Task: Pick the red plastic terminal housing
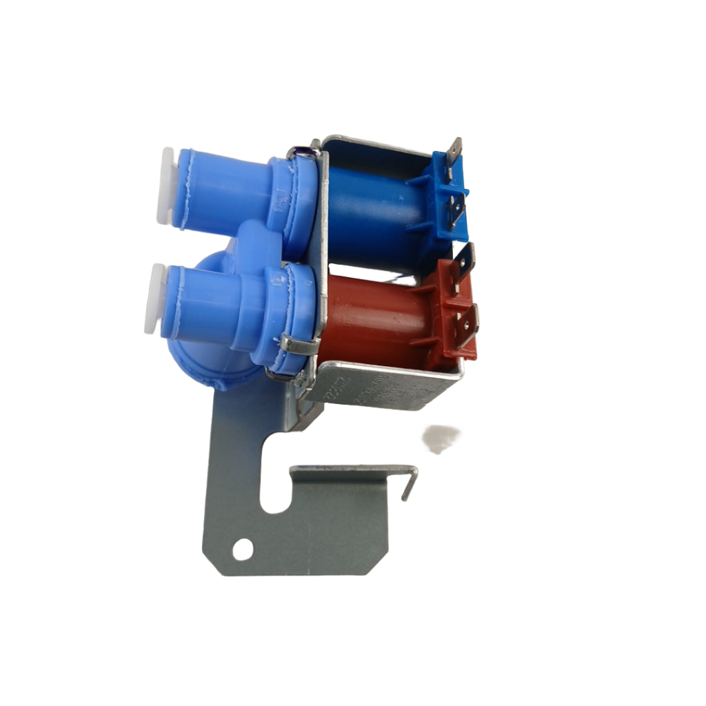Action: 452,310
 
